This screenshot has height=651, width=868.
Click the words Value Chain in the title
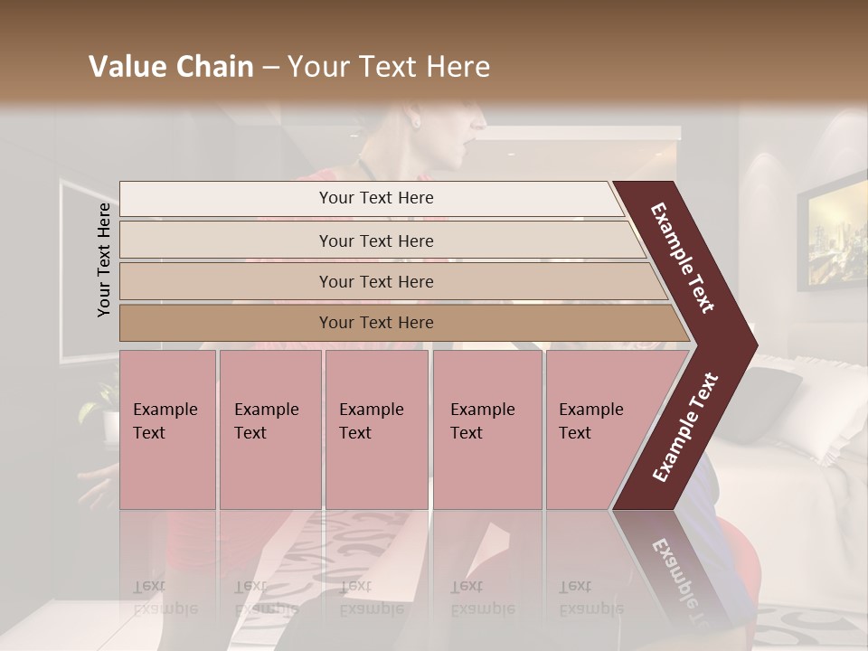tap(171, 67)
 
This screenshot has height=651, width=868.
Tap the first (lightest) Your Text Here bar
tap(375, 198)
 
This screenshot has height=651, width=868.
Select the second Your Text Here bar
tap(375, 241)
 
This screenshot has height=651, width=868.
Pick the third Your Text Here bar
tap(375, 281)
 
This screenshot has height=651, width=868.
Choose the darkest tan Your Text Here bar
tap(375, 323)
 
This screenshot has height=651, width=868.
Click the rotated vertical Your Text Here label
tap(105, 259)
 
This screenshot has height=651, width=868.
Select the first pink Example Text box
tap(167, 429)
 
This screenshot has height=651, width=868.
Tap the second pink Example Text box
tap(269, 429)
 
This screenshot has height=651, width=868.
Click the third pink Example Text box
tap(376, 429)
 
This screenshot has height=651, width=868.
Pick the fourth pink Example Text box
tap(486, 429)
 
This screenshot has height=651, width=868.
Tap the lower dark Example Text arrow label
tap(686, 427)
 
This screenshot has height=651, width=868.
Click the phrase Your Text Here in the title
tap(389, 67)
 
